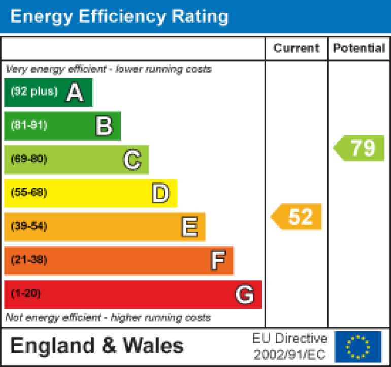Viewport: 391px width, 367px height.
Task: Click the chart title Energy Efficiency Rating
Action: point(119,16)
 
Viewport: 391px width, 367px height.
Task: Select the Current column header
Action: point(297,48)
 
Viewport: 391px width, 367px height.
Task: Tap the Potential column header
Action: point(359,48)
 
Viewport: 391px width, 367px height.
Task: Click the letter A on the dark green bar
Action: point(75,93)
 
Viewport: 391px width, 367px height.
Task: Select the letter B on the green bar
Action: point(104,126)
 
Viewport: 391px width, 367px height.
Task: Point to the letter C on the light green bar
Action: point(132,160)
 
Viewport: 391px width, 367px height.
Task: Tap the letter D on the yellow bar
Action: point(160,193)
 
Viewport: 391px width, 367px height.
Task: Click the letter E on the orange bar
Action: point(189,227)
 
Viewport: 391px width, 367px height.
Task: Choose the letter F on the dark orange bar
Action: point(218,260)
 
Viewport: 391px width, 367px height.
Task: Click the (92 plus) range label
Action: point(34,92)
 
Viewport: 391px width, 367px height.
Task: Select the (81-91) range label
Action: point(29,126)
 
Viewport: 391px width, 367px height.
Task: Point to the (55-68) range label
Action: point(29,193)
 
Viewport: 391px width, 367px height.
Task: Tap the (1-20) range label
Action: point(26,294)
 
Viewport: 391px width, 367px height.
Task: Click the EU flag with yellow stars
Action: point(358,347)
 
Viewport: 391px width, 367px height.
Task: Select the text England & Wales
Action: point(97,346)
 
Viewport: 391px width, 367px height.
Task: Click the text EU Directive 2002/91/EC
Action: point(290,347)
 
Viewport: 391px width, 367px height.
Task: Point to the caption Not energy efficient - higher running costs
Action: point(108,318)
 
